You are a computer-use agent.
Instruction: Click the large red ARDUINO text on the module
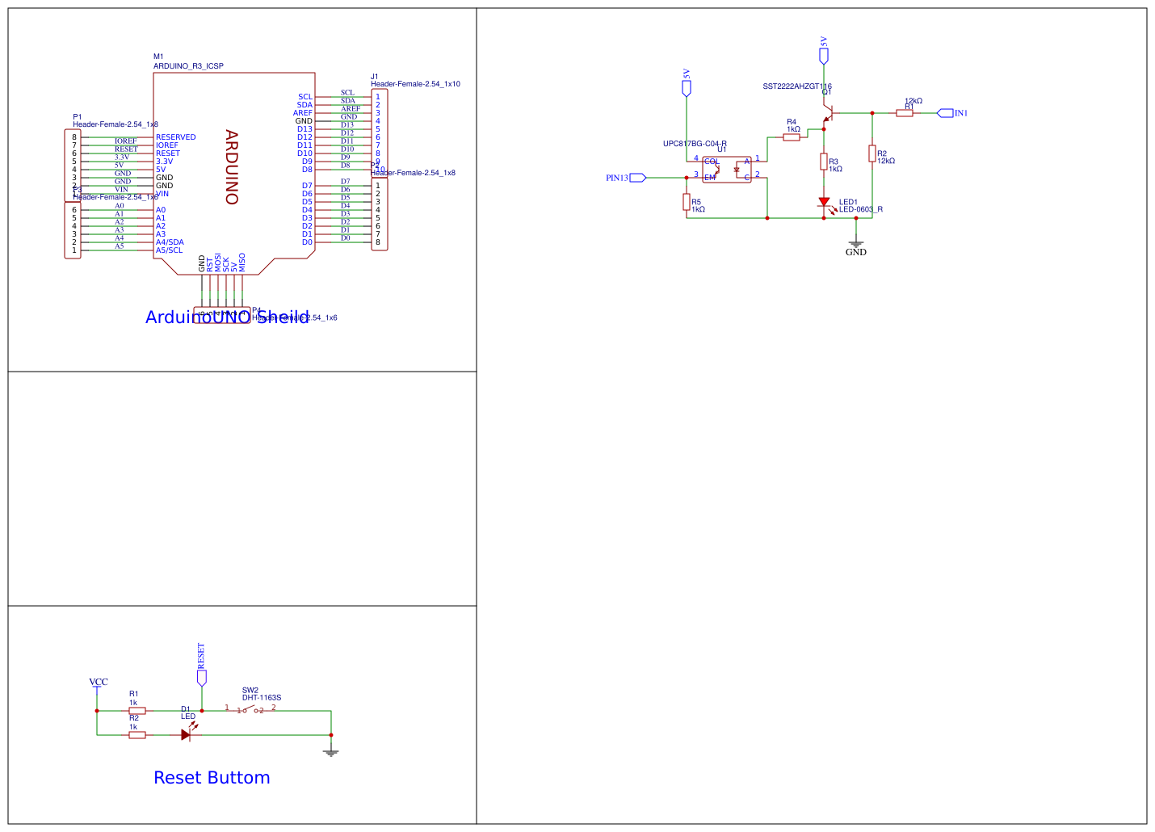[232, 167]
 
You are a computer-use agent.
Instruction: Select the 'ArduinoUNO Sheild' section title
[227, 317]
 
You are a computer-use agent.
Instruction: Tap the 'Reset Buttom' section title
[212, 778]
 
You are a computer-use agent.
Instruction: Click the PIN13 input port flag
[637, 178]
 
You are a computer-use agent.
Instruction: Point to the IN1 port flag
[945, 113]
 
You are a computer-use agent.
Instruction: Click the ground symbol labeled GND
[856, 245]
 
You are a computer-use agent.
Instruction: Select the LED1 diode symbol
[824, 203]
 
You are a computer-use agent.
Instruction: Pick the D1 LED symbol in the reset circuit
[186, 735]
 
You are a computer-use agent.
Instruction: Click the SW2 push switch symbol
[250, 711]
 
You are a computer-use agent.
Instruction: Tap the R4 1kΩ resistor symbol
[792, 137]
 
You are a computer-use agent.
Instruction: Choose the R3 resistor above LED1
[824, 162]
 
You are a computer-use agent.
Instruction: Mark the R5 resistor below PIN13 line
[687, 202]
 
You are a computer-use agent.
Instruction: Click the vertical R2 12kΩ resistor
[872, 153]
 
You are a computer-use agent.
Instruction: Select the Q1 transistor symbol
[826, 116]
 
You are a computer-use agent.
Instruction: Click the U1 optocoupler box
[727, 170]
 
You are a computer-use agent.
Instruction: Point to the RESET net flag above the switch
[202, 677]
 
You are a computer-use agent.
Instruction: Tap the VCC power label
[98, 683]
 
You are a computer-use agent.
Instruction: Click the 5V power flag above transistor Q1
[824, 55]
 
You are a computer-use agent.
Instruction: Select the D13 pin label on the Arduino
[304, 129]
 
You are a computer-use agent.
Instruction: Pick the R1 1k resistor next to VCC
[137, 711]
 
